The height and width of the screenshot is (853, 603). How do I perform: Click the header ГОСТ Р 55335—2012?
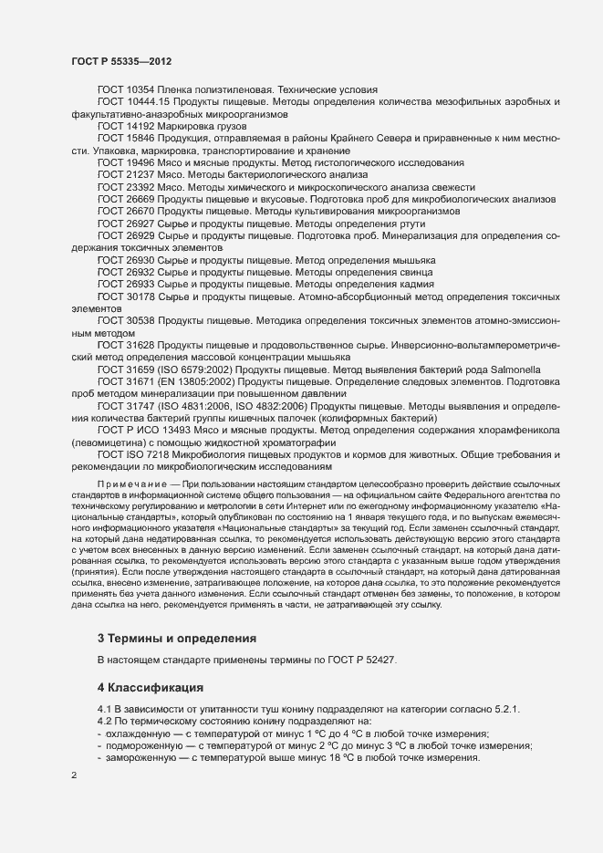click(x=121, y=61)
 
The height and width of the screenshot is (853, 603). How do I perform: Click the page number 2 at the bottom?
click(x=74, y=775)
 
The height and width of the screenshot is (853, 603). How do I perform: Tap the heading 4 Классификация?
click(x=151, y=685)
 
